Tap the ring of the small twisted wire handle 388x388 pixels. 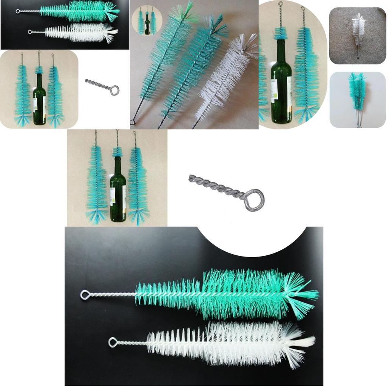[114, 90]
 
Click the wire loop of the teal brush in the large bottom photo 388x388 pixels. [85, 294]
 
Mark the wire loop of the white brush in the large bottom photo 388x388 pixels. [113, 342]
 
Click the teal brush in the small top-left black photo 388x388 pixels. [80, 11]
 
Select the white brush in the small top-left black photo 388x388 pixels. [80, 33]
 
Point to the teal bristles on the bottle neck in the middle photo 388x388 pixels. [117, 152]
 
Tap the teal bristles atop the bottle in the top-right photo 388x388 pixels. [280, 33]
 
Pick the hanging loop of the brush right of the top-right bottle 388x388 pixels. [303, 8]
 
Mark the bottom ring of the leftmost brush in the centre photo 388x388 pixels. [133, 122]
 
